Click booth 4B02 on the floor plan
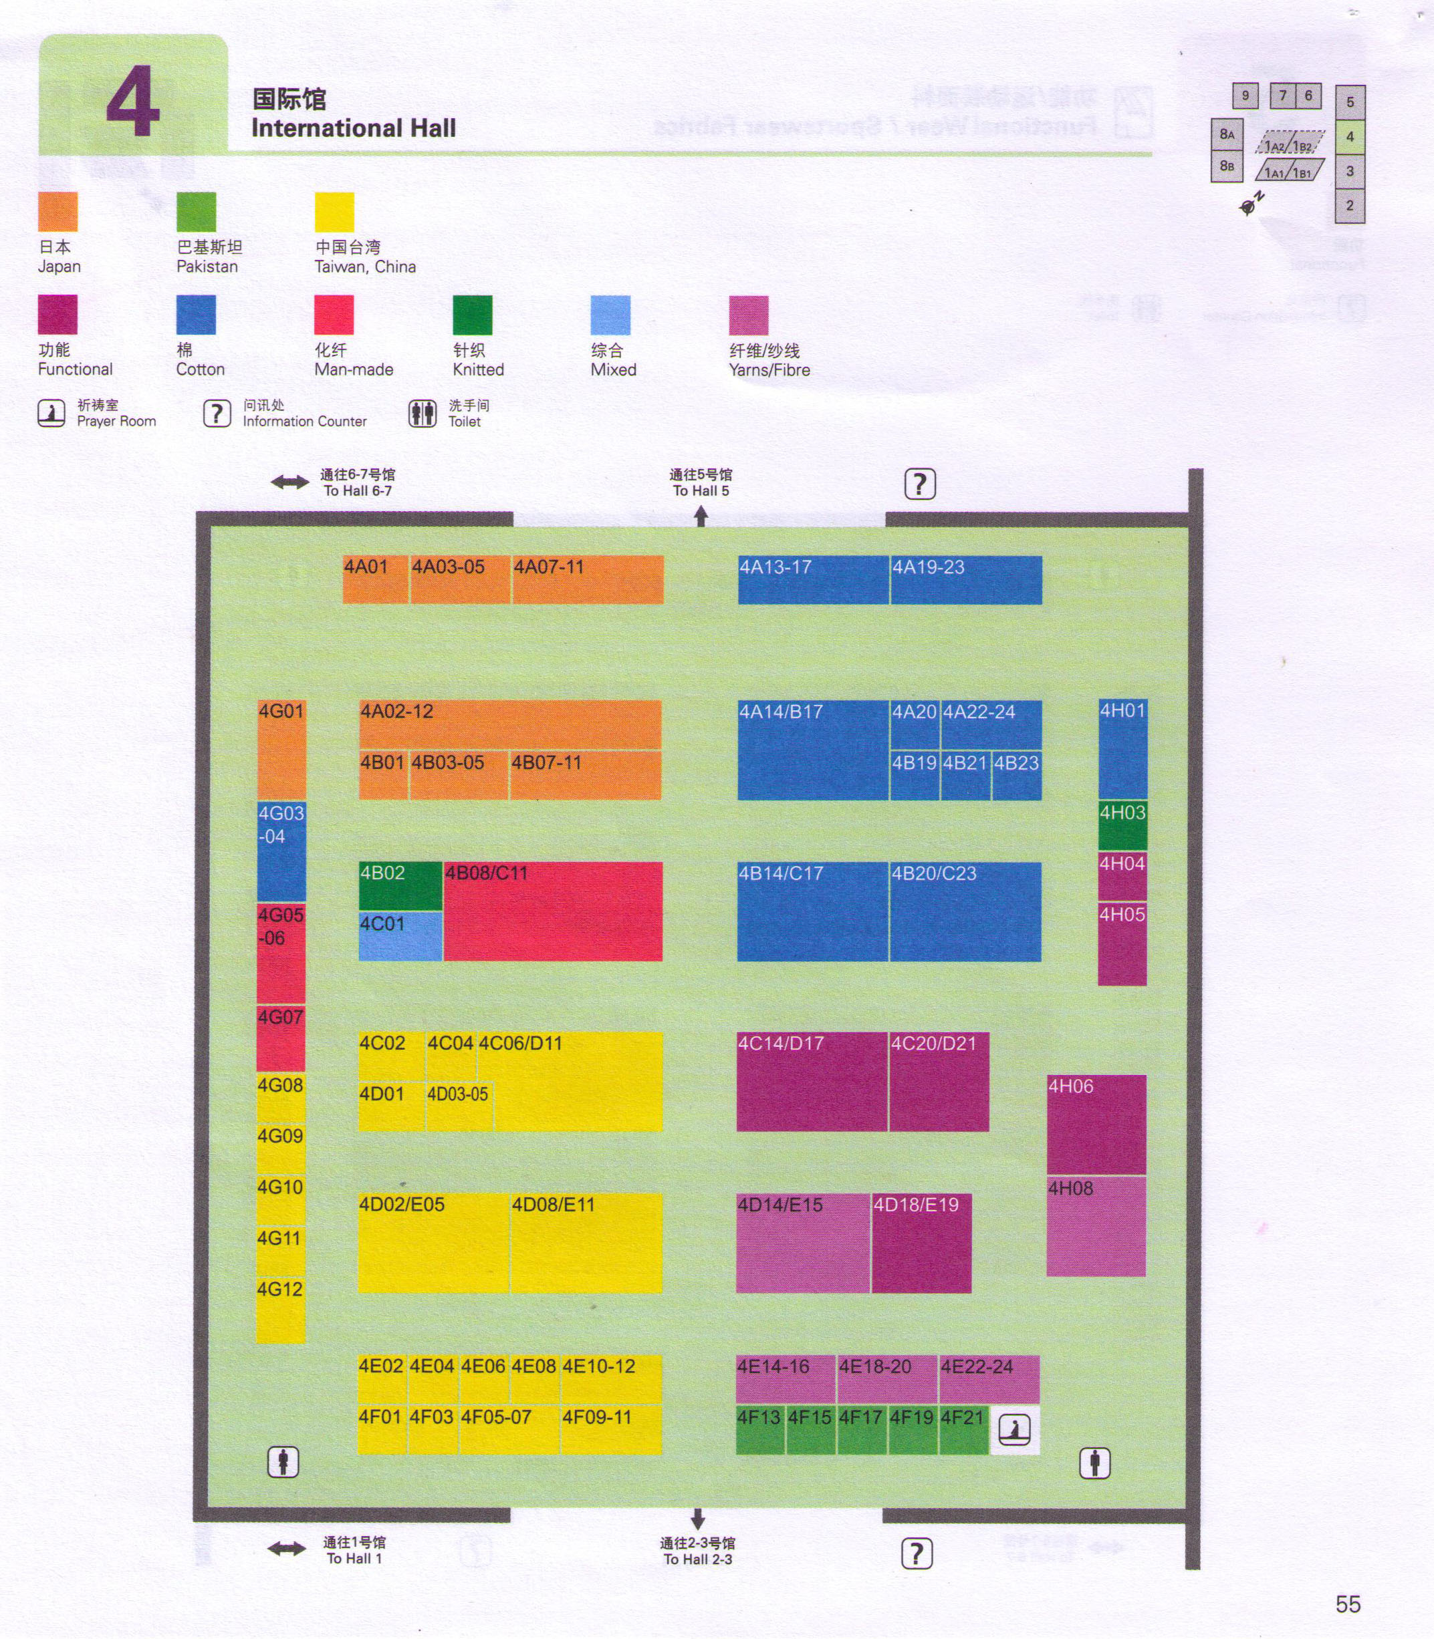(x=400, y=885)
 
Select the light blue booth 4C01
(x=400, y=936)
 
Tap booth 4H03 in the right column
(x=1122, y=824)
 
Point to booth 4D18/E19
(x=921, y=1242)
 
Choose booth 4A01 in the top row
(x=374, y=579)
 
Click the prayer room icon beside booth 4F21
(x=1015, y=1429)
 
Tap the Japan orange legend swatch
(x=57, y=212)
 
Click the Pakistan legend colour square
(x=196, y=212)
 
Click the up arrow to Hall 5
(x=701, y=516)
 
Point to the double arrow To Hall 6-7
(x=289, y=482)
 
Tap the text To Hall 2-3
(x=697, y=1559)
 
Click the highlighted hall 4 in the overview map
(x=1350, y=137)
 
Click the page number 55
(x=1348, y=1604)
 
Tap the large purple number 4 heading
(x=133, y=102)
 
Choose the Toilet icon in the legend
(x=423, y=414)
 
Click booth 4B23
(x=1016, y=774)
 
